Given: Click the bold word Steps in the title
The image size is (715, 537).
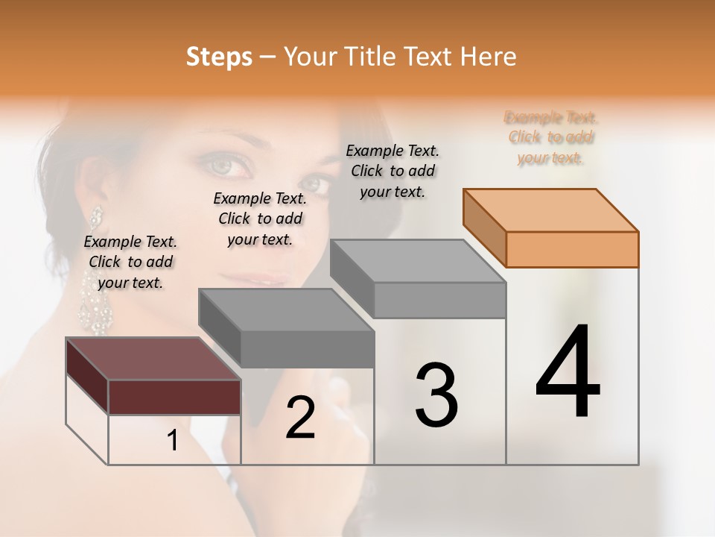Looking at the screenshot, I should point(219,57).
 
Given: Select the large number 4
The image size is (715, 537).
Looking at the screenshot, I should point(568,372).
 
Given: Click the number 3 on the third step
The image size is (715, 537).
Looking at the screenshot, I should point(436,395).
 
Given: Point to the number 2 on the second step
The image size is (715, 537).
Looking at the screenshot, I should point(300,418).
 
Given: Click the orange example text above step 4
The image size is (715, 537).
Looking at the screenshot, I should point(551,137).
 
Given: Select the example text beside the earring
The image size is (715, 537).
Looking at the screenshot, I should point(130,262).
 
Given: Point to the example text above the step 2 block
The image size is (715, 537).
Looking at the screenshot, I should point(260,219).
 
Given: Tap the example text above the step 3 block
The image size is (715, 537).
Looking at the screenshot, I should point(393,171).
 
